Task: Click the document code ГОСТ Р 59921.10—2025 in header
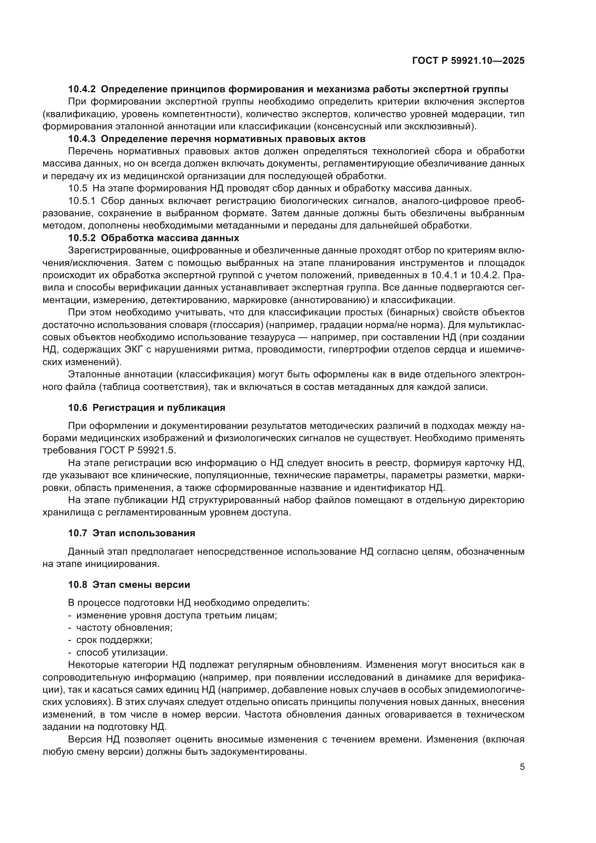coord(468,61)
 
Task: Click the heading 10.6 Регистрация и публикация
coord(146,408)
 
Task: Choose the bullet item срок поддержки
coord(114,640)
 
